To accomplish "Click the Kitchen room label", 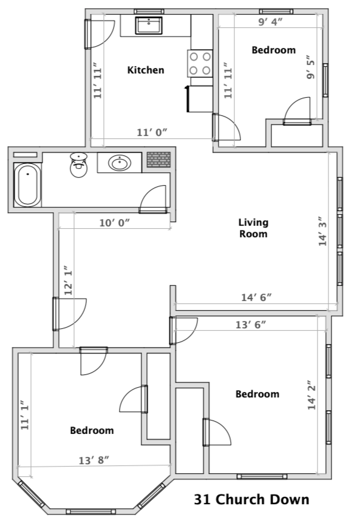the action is click(x=146, y=70).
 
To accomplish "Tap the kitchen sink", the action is click(x=149, y=25).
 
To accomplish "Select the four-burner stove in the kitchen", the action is click(x=200, y=63).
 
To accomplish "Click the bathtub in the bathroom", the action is click(x=27, y=184).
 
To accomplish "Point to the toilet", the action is click(x=79, y=165).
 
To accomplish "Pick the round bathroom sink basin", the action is click(x=119, y=163).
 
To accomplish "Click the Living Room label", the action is click(x=254, y=228).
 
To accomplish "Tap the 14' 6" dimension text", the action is click(x=256, y=297).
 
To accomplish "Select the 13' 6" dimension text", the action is click(x=251, y=325).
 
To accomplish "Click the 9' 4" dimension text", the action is click(x=271, y=22).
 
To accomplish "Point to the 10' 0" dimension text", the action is click(x=115, y=223).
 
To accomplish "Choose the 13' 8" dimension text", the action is click(x=93, y=461).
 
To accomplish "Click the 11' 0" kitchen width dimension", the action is click(x=152, y=132).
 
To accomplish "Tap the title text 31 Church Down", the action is click(x=251, y=500).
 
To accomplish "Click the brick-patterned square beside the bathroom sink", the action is click(x=159, y=160).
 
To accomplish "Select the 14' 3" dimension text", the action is click(x=323, y=232).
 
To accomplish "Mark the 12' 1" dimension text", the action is click(x=69, y=280).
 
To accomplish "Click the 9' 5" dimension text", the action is click(x=311, y=67).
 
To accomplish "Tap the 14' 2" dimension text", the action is click(x=312, y=395).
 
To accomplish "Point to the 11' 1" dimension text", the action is click(x=25, y=415).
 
